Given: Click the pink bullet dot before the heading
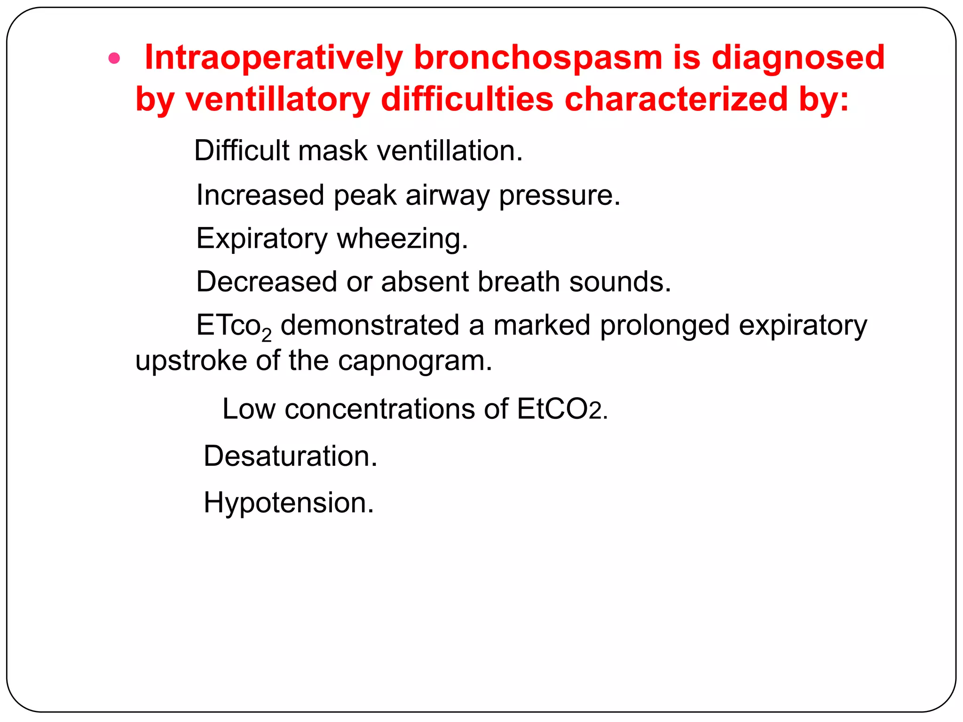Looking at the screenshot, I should coord(114,59).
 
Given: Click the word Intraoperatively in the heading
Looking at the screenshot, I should coord(273,58).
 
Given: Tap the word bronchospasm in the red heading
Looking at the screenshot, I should coord(537,58).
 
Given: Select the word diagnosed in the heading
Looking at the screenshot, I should coord(798,58).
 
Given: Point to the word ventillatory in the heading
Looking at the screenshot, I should coord(278,100).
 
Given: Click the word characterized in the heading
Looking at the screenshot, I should coord(676,100).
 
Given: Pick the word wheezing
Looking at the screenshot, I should coord(403,238).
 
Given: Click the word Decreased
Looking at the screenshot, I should coord(267,282).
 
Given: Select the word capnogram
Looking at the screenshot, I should coord(415,361).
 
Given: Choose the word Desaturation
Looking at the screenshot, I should coord(290,456).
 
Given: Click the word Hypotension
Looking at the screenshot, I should coord(288,502).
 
